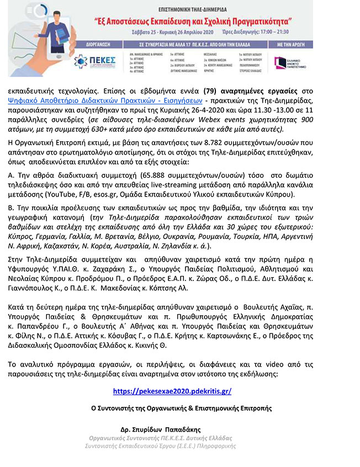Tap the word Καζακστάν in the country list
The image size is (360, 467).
tap(82, 246)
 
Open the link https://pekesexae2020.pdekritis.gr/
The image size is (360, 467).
tap(172, 391)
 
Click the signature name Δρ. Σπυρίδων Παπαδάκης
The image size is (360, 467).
tap(160, 428)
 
